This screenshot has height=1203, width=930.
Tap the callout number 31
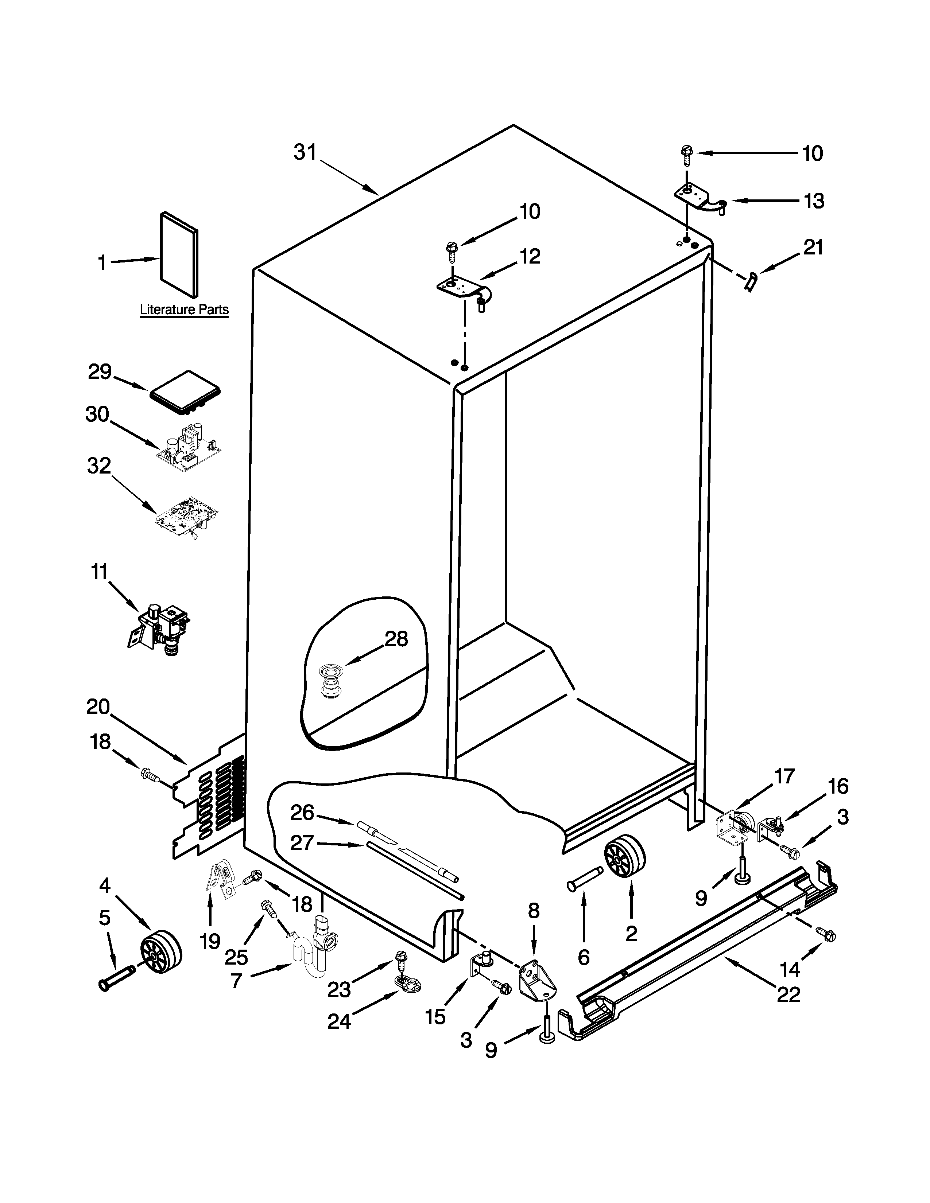305,152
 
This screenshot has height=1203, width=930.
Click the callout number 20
98,707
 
